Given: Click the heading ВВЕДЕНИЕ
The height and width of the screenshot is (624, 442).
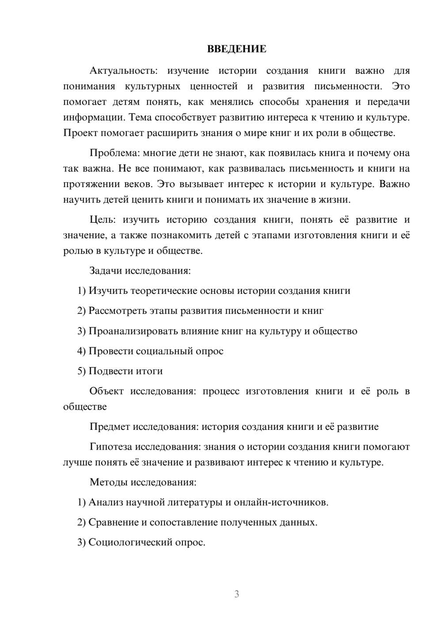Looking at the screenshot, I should (x=236, y=49).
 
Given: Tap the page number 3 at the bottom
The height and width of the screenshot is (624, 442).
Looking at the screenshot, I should (x=236, y=594).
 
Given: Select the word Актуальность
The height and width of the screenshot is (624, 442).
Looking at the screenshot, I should (x=122, y=71).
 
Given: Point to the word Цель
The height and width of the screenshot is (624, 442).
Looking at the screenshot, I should (x=102, y=220).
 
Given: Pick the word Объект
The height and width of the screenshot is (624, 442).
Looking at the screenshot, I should (x=106, y=391).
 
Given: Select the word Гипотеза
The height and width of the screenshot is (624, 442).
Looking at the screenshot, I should (x=110, y=447).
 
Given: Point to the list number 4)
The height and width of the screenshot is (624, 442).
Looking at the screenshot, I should (x=82, y=351).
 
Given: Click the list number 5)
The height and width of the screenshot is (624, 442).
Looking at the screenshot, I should (x=82, y=371).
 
